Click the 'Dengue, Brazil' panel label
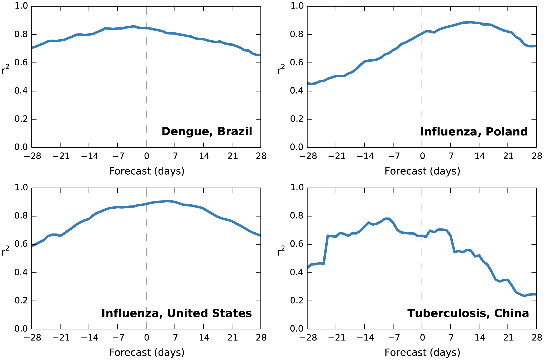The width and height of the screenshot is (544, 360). pos(207,131)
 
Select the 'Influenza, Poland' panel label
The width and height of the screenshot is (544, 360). pos(474,132)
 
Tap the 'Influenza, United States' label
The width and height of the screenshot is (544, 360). pos(176,313)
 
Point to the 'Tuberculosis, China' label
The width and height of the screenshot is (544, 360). pos(468,313)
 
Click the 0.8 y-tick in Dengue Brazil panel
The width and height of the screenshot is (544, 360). pos(21,35)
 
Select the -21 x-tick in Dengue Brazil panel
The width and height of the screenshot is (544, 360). pos(61,156)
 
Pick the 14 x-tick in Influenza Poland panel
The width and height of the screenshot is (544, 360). pos(480,156)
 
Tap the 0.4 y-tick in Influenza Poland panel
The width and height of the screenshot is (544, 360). pos(297,91)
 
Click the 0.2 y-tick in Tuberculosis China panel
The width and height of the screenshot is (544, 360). pos(297,301)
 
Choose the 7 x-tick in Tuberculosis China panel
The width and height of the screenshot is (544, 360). pos(451,338)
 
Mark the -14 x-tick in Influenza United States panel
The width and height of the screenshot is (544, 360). pos(89,338)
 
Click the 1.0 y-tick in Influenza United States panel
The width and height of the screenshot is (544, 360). pos(21,188)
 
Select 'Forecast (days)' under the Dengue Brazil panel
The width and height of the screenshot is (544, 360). pos(146,171)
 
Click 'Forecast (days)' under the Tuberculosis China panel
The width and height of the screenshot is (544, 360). pos(422,353)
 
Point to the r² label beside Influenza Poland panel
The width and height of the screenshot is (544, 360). pos(281,70)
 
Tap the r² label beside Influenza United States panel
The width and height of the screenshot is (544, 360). pos(5,251)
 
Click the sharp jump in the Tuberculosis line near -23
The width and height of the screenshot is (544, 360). pos(326,250)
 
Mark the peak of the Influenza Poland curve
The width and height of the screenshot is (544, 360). pos(471,22)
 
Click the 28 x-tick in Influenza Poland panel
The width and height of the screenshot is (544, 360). pos(537,156)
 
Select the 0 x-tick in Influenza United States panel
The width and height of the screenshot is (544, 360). pos(146,338)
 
